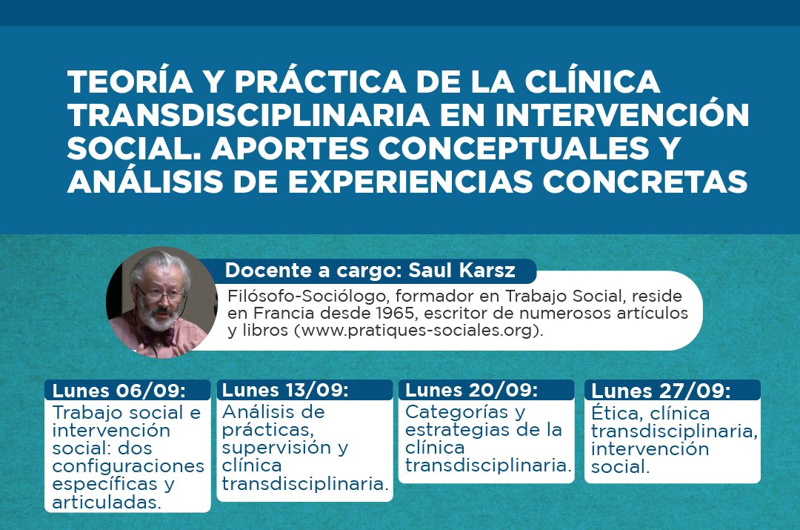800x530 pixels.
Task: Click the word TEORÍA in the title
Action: [130, 81]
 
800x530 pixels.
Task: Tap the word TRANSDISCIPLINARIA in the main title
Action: [248, 115]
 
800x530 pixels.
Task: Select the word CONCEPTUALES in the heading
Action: [514, 148]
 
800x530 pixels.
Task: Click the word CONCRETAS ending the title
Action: [645, 182]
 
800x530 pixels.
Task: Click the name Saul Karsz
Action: [461, 270]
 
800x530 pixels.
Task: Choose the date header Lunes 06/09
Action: [119, 391]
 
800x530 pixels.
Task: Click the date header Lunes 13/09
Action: [285, 390]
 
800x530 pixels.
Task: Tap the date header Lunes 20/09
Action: [471, 390]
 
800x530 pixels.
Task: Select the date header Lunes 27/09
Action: [661, 391]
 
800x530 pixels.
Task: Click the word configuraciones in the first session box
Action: [128, 466]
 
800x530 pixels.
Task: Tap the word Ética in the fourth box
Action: [615, 413]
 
